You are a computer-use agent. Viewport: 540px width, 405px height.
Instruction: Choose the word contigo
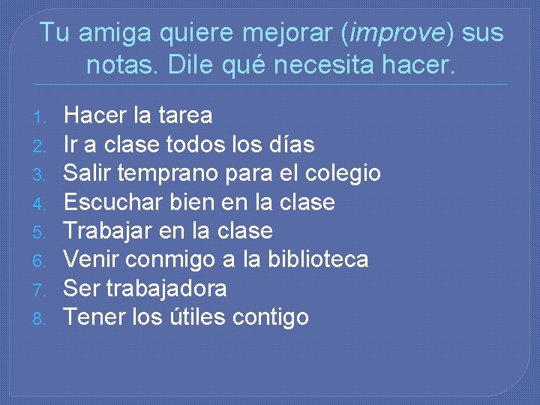(271, 317)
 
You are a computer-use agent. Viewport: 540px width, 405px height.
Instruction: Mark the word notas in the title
(120, 65)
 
